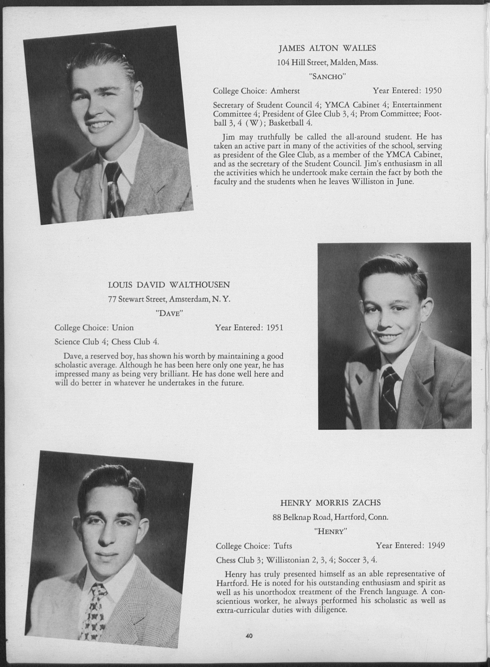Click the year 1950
[x=433, y=91]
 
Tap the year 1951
[x=275, y=327]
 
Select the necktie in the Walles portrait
[x=114, y=190]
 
